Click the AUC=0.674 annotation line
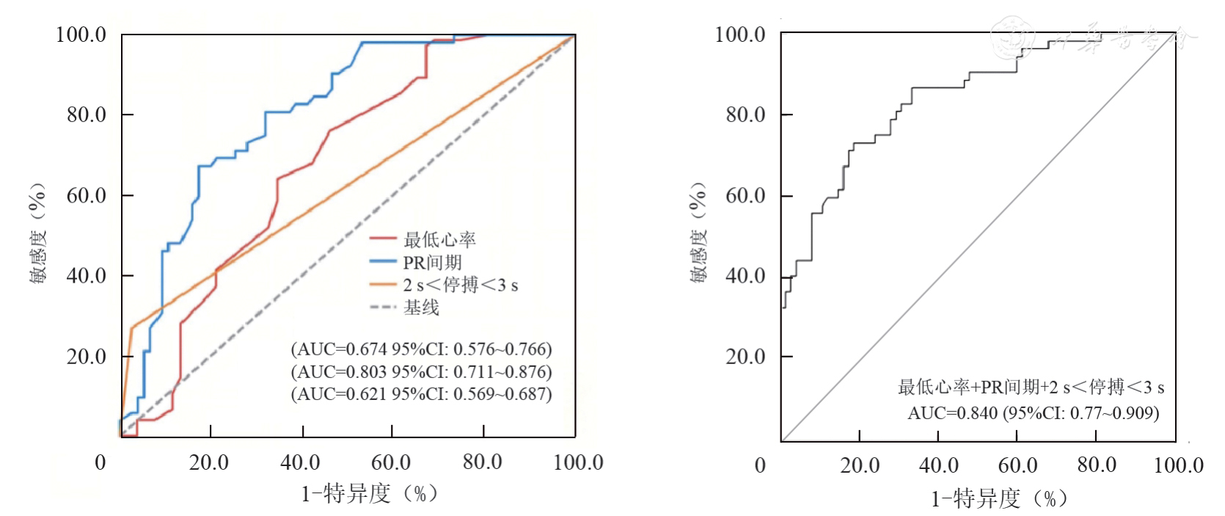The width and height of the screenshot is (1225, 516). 421,349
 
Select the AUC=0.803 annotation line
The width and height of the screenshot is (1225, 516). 421,371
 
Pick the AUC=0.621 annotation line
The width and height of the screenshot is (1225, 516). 421,394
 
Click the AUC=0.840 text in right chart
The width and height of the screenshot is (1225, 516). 1033,413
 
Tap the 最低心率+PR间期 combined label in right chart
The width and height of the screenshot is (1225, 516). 1031,387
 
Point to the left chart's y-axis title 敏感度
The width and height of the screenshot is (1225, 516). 39,233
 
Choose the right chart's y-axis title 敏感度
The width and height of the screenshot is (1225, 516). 698,233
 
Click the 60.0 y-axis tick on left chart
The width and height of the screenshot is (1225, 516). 86,196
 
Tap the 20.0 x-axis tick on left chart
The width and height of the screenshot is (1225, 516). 209,462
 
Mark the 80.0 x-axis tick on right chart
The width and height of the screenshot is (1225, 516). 1096,465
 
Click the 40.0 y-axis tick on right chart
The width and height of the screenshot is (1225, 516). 745,277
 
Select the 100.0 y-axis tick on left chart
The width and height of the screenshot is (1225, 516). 81,35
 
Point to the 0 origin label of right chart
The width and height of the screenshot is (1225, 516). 760,465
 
